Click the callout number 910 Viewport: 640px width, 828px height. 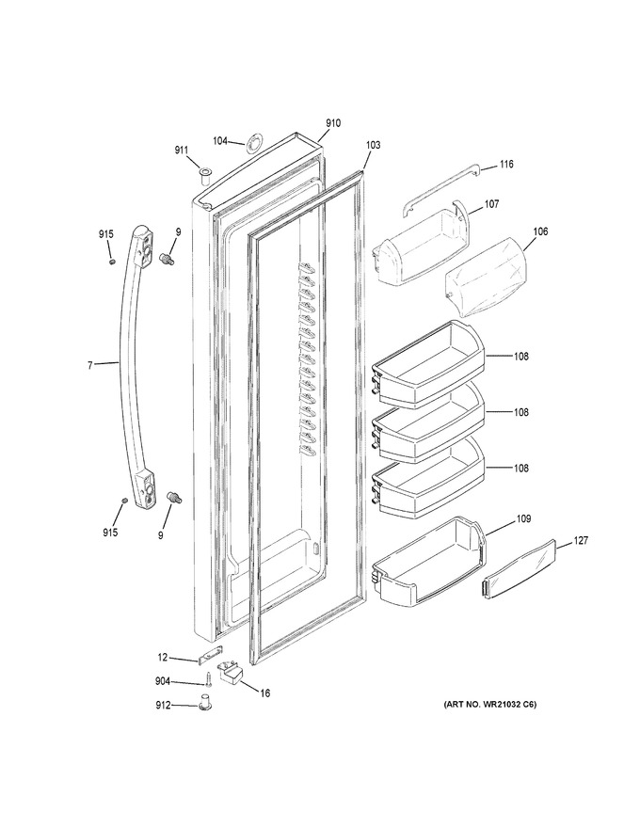[x=332, y=123]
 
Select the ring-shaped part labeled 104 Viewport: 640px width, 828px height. [x=254, y=143]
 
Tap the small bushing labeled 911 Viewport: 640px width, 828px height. [x=204, y=175]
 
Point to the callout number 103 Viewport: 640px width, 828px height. [x=373, y=145]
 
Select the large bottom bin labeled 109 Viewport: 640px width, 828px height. [x=429, y=562]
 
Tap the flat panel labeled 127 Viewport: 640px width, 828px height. [x=520, y=568]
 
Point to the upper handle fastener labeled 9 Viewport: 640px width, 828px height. [x=168, y=259]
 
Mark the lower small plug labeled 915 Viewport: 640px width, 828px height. [x=124, y=500]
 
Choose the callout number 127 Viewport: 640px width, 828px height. [x=581, y=541]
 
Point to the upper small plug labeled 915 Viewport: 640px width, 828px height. [x=112, y=262]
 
